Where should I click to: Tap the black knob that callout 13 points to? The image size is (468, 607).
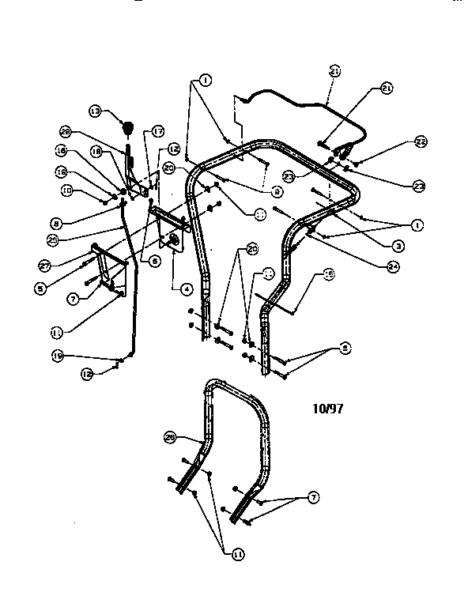click(x=126, y=126)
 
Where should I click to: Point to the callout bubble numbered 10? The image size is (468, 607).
click(x=66, y=190)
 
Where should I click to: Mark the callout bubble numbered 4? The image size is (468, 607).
click(x=185, y=289)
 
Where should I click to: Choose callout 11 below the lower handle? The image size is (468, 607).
click(x=237, y=555)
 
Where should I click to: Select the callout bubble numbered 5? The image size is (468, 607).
click(x=39, y=288)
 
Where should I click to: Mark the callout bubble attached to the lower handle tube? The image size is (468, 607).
click(x=169, y=435)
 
